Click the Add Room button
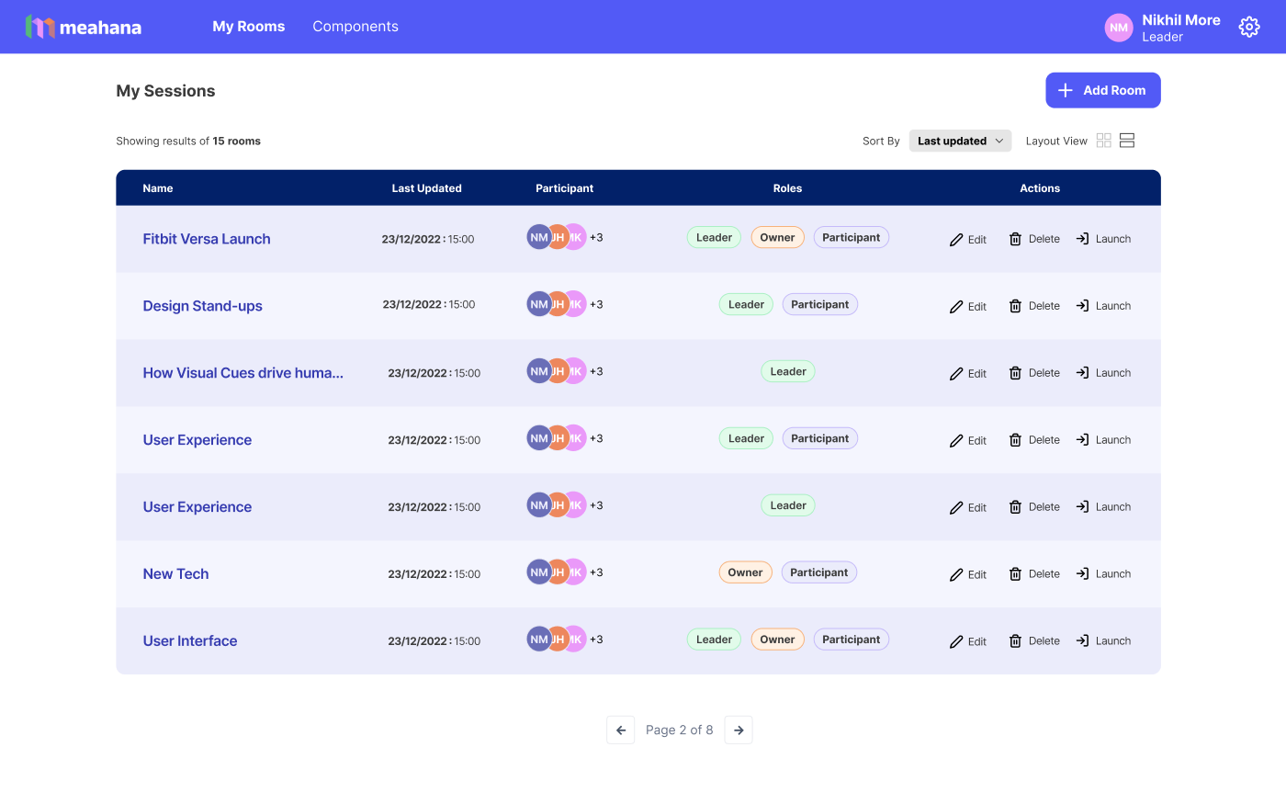(x=1102, y=90)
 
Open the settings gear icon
(x=1248, y=27)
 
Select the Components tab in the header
(x=355, y=27)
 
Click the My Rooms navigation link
(x=249, y=27)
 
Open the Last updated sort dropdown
(x=960, y=141)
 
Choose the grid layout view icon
(x=1103, y=141)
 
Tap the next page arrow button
(x=739, y=730)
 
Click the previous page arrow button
(x=621, y=730)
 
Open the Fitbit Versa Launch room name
(x=207, y=239)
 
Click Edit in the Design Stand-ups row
(x=967, y=306)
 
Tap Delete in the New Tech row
(x=1034, y=573)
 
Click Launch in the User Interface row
(x=1103, y=641)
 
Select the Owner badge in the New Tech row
(x=745, y=572)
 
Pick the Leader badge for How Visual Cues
(x=788, y=371)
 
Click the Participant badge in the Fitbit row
(x=851, y=238)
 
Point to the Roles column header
(x=787, y=188)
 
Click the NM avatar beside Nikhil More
(x=1119, y=28)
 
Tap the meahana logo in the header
(x=84, y=27)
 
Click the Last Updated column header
(x=426, y=188)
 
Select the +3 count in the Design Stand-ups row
(x=596, y=304)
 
